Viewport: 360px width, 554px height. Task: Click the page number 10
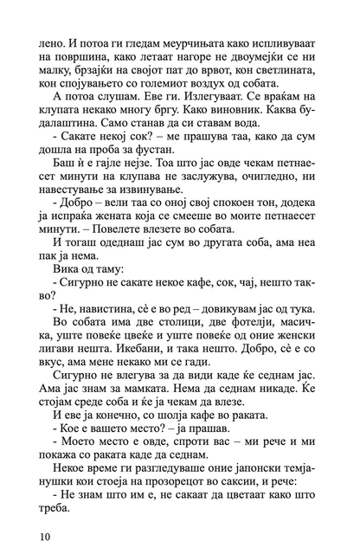(37, 538)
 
